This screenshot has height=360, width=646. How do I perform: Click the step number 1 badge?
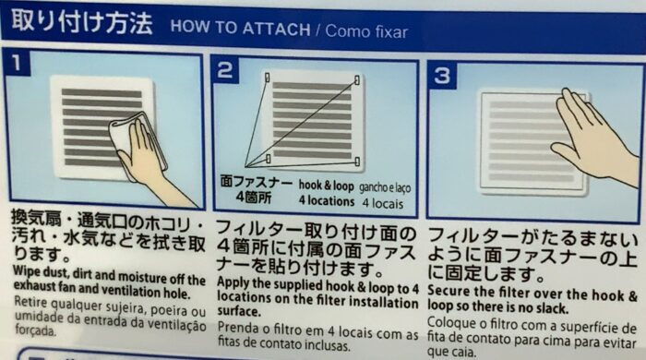[x=17, y=63]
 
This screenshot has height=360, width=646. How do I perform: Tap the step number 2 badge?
[x=225, y=70]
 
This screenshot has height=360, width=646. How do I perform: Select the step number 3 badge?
[x=442, y=76]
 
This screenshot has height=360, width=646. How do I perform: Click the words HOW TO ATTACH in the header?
[x=240, y=28]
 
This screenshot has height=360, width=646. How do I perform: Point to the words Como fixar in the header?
[x=366, y=31]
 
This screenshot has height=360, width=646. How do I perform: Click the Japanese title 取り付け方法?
[x=81, y=22]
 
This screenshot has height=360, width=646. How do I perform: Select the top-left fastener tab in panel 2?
[x=267, y=78]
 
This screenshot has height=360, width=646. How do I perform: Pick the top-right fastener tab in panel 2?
[x=357, y=79]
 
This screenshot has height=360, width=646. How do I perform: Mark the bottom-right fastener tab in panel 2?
[x=357, y=162]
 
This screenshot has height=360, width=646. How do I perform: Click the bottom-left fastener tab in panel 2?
[x=269, y=159]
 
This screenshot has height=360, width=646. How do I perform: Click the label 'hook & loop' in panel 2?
[x=327, y=186]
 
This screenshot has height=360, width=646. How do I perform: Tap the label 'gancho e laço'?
[x=385, y=187]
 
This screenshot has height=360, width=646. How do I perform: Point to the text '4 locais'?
[x=383, y=203]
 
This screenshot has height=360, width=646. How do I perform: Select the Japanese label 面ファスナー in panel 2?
[x=256, y=182]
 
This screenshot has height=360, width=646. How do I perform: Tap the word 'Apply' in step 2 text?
[x=233, y=283]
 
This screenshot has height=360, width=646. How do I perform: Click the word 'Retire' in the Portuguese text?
[x=30, y=302]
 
